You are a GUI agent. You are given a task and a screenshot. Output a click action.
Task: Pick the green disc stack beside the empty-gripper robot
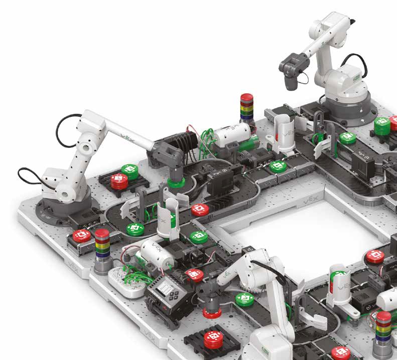(382, 126)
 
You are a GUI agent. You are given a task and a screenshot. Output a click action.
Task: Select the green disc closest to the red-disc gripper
(244, 299)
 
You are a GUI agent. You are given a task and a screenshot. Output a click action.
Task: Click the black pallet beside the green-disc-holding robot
(119, 180)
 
